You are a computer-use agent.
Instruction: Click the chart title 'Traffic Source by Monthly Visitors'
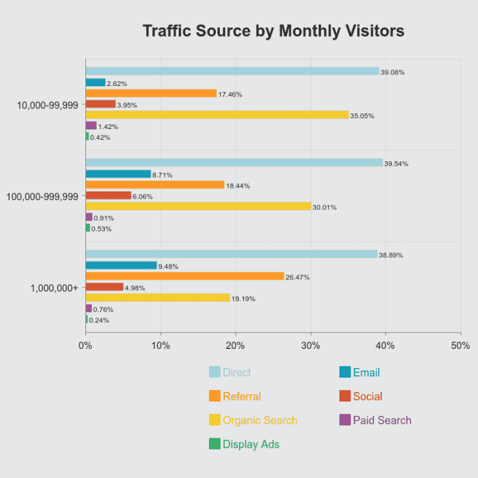click(x=273, y=31)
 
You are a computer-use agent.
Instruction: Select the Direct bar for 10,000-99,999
click(x=232, y=71)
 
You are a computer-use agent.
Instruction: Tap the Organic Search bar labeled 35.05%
click(x=217, y=115)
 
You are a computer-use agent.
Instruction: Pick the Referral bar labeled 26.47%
click(x=184, y=276)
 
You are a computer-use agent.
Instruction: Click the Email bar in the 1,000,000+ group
click(x=121, y=265)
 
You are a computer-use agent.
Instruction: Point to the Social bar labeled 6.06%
click(x=108, y=195)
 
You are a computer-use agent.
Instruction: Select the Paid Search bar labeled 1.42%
click(x=91, y=126)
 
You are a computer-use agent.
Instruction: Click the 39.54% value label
click(x=396, y=164)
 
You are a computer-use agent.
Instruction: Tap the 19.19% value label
click(x=244, y=298)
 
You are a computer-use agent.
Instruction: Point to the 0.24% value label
click(x=100, y=320)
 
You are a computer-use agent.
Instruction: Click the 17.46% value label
click(x=230, y=94)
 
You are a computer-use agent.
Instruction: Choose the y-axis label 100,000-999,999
click(x=43, y=196)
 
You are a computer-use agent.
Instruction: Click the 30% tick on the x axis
click(x=311, y=346)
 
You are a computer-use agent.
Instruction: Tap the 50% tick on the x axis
click(x=460, y=346)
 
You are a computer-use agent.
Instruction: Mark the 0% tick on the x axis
click(x=85, y=346)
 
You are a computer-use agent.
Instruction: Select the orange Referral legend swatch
click(x=214, y=396)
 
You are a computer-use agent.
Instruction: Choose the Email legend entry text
click(x=366, y=373)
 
